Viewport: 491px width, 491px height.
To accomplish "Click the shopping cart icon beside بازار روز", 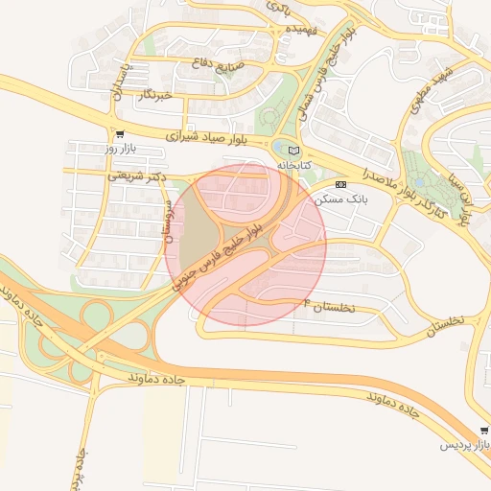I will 119,134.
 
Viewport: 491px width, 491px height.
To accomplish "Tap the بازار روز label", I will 123,150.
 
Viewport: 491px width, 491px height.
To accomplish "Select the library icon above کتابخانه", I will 293,151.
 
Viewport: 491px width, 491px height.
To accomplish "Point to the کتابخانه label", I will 295,166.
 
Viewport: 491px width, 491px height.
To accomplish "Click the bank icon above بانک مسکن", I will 341,183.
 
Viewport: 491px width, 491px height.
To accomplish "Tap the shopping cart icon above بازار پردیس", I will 483,431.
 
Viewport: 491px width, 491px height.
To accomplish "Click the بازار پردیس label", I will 464,445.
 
